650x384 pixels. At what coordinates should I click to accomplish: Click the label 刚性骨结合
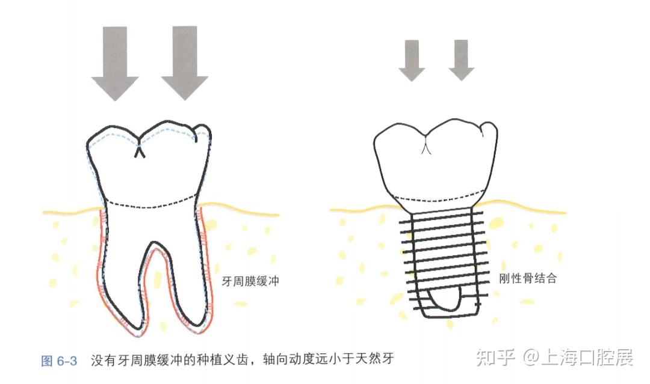click(528, 279)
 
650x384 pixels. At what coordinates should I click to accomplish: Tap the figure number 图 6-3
click(58, 361)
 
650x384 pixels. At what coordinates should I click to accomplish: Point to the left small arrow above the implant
click(412, 59)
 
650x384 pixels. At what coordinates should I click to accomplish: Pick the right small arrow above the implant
click(461, 59)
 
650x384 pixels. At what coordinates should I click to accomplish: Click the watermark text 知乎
click(495, 359)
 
